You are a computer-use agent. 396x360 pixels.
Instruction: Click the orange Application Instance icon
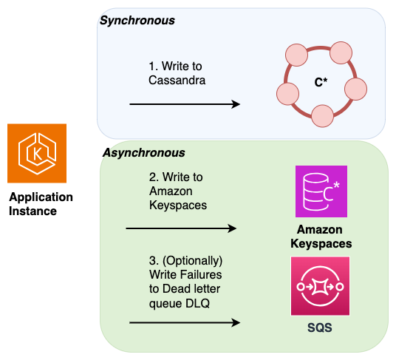37,153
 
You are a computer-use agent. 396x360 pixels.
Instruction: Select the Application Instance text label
41,204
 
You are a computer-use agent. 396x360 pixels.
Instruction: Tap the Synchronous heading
137,20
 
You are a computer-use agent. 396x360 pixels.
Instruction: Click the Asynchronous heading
142,152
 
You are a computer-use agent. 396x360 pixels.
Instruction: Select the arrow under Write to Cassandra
185,104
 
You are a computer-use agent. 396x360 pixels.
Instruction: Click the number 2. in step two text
153,177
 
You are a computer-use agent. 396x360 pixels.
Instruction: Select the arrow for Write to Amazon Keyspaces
182,228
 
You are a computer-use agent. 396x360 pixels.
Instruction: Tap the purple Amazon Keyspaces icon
321,191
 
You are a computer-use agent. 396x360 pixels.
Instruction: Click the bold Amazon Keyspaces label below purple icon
321,236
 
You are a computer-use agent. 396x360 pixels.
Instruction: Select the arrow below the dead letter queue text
185,323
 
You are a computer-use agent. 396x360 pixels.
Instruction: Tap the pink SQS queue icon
321,285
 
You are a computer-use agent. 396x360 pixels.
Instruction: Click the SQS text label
320,327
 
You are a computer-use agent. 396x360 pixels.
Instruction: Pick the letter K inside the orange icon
37,154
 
